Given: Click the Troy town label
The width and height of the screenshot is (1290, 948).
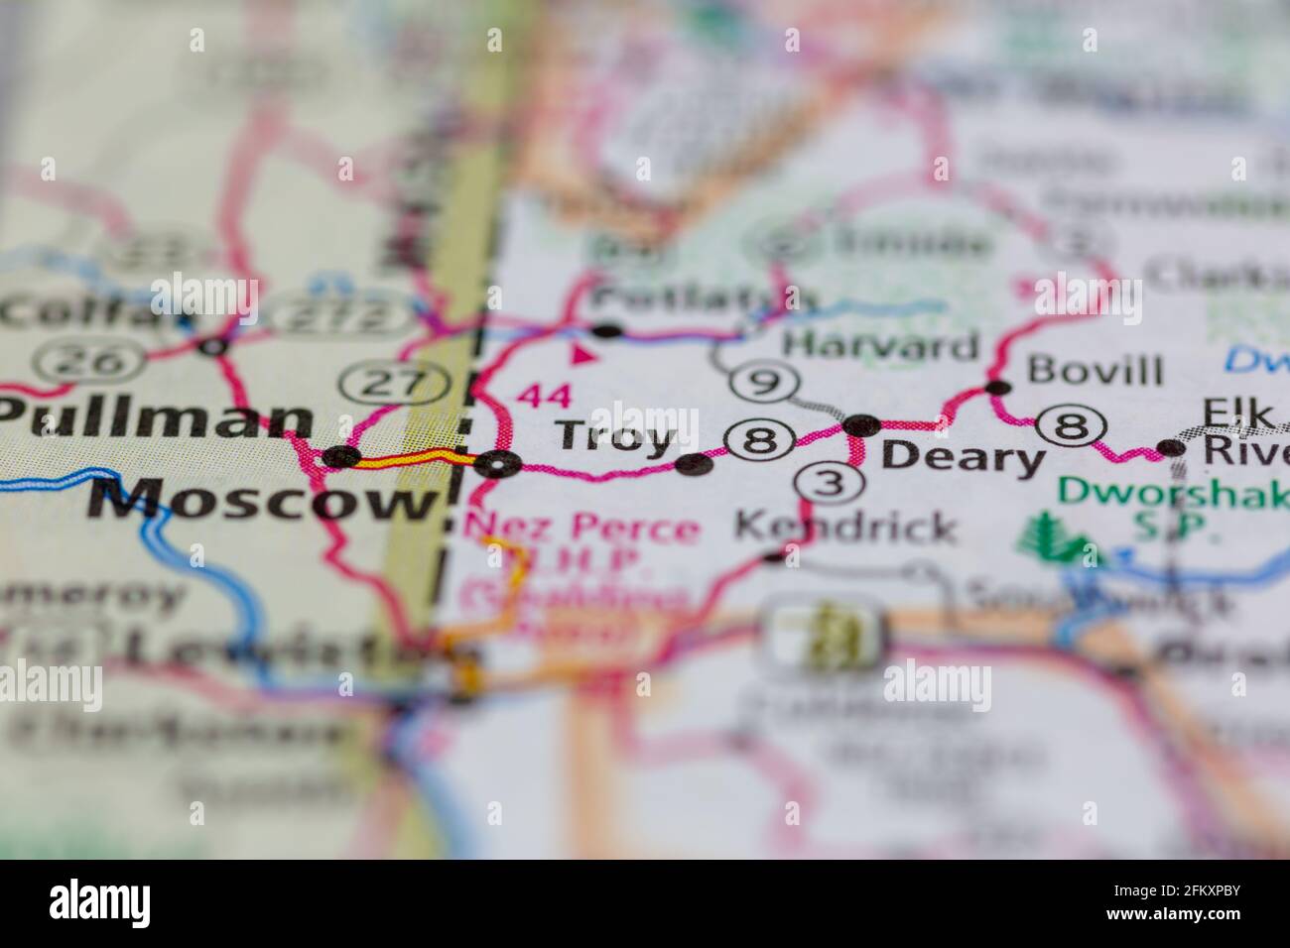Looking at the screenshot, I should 616,436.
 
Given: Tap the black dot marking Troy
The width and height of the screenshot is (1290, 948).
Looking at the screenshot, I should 694,464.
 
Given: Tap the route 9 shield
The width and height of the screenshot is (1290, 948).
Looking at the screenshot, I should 762,382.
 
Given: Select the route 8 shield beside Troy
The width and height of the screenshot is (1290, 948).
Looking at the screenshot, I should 760,439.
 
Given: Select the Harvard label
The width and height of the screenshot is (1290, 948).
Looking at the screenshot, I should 880,346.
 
